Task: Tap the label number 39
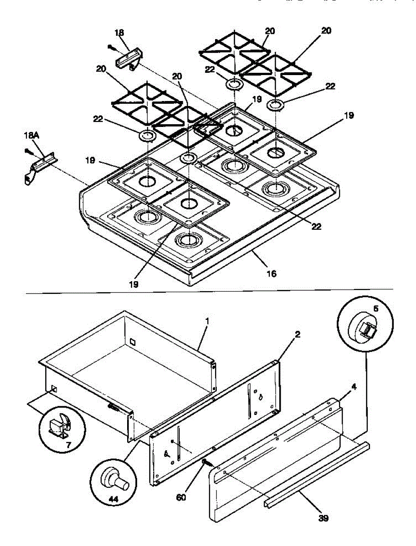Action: (x=324, y=518)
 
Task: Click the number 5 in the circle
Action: (x=375, y=308)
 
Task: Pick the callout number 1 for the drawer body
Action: (x=207, y=321)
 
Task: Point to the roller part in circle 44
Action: (x=113, y=478)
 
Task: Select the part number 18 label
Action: (x=119, y=33)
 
